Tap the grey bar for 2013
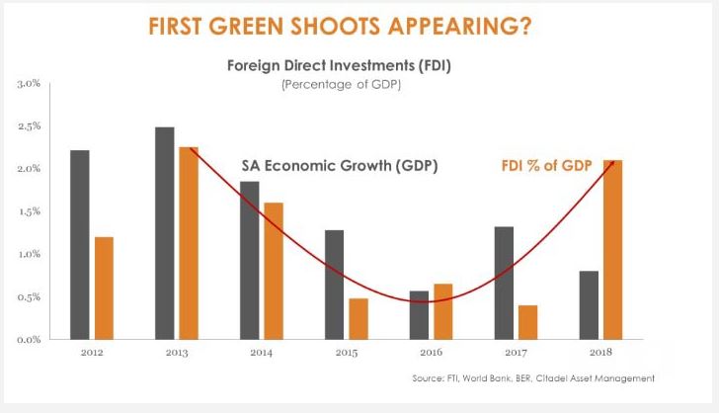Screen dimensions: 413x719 (164, 232)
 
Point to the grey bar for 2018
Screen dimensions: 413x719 (589, 304)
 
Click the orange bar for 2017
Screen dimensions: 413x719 (527, 321)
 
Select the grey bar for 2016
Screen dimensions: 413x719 (418, 314)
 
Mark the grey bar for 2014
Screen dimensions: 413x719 (249, 260)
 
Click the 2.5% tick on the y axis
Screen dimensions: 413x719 (29, 126)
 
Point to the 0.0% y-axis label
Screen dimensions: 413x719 (29, 339)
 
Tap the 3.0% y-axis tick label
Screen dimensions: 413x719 (29, 84)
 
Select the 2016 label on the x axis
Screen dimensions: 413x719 (430, 353)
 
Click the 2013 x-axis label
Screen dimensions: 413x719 (176, 353)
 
